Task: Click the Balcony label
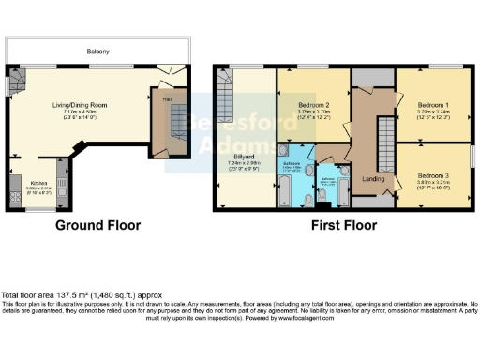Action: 98,51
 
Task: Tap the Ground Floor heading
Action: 97,225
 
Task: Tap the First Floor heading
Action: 344,225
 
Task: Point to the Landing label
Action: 374,178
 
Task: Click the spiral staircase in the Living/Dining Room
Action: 19,86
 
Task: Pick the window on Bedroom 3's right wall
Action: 472,158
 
